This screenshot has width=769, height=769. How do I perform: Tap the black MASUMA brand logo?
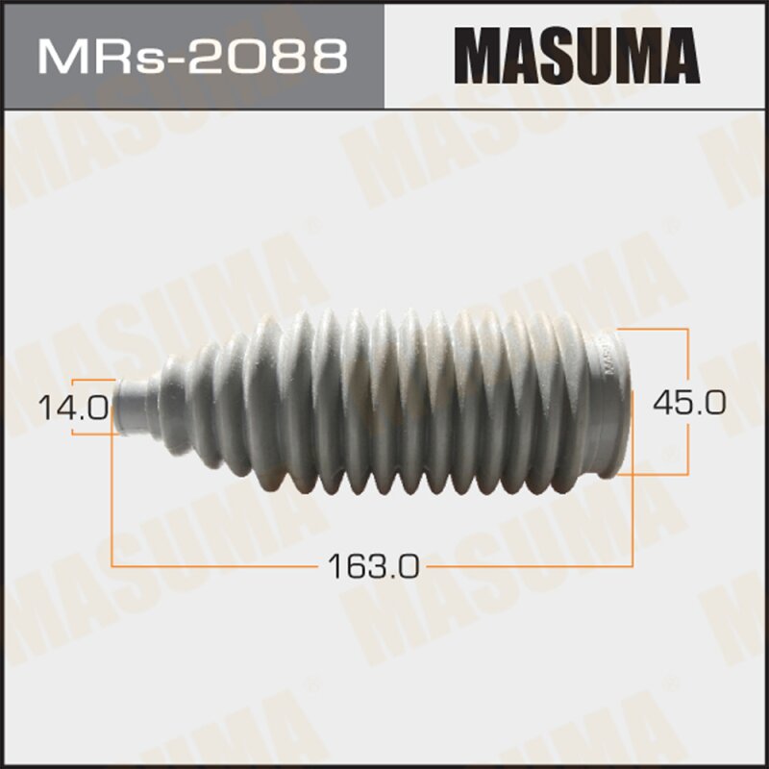pos(576,55)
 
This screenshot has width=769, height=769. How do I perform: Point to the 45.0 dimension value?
pos(689,401)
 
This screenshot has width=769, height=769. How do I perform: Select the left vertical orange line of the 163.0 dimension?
pos(113,500)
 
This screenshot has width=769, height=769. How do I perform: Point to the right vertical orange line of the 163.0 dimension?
pos(633,519)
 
